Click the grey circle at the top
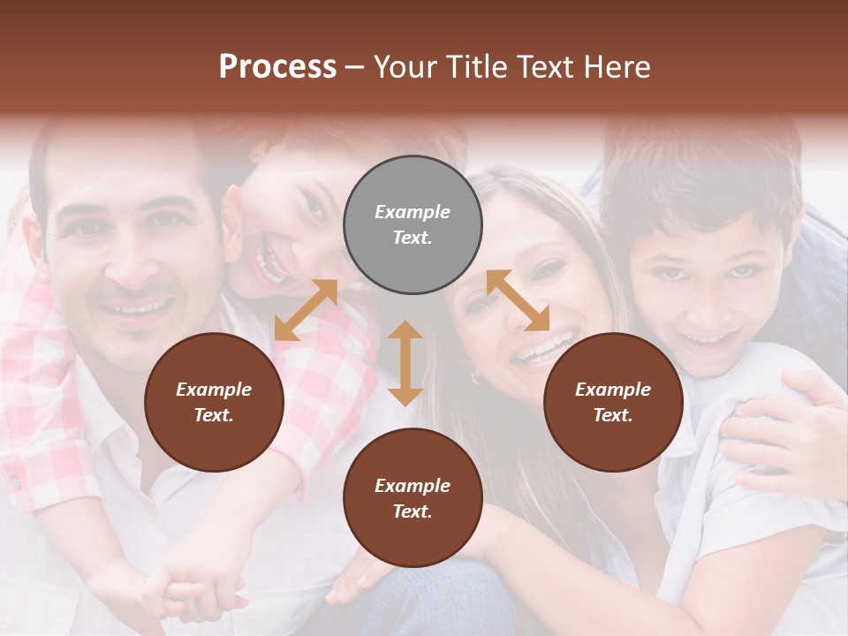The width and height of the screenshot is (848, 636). pos(413,225)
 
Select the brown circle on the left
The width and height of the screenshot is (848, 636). pos(214,403)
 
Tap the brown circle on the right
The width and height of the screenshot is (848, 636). pos(613,403)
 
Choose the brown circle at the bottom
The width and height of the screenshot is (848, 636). pos(413,498)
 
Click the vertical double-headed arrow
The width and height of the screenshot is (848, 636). pos(405,363)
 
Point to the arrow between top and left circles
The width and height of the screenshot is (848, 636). pos(306,309)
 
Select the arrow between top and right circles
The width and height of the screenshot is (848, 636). pos(518,300)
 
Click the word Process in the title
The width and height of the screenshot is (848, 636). pos(277,67)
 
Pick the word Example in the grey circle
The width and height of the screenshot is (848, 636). pos(413,212)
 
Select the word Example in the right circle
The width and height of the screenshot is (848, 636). pos(613,390)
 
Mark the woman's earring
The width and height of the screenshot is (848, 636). pos(474,378)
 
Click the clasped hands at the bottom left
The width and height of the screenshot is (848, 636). pos(190,587)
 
